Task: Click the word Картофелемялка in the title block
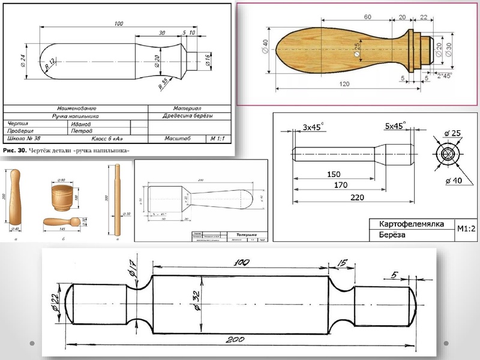[411, 223]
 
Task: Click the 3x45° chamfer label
[313, 127]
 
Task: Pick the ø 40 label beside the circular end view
[454, 180]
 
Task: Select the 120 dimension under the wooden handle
[344, 85]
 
